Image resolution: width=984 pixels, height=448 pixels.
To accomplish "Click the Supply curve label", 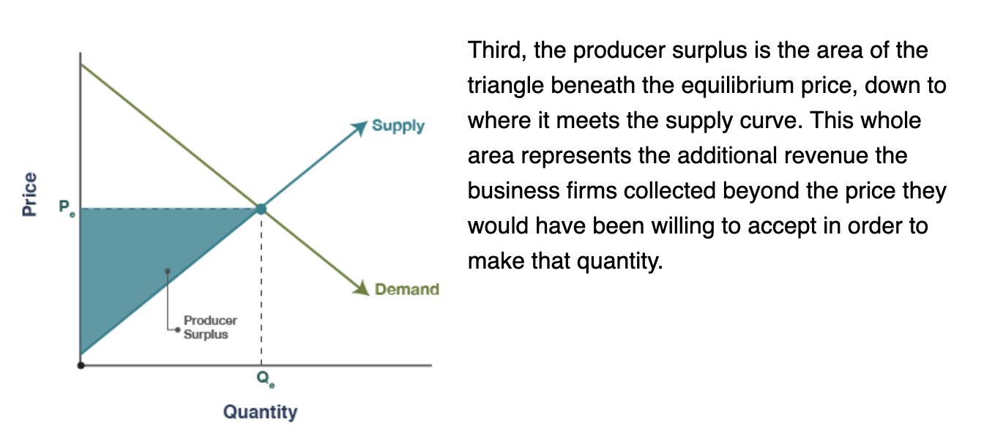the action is click(398, 126).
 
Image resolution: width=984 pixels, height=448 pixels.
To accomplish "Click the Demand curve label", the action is click(407, 289).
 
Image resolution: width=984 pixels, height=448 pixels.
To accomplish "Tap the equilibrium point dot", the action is click(261, 209).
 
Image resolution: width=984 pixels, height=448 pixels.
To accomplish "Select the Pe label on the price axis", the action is click(67, 207).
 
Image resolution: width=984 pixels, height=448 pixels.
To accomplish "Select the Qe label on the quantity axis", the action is click(266, 378).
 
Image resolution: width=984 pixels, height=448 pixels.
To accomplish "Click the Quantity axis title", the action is click(260, 412).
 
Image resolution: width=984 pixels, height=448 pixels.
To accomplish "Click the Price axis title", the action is click(29, 194).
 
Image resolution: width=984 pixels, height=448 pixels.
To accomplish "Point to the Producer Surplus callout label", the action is click(210, 327).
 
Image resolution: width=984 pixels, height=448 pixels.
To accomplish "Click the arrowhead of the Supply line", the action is click(359, 128).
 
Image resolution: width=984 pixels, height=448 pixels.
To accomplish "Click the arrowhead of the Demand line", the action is click(362, 288).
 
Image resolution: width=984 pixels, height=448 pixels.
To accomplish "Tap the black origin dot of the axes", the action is click(81, 365).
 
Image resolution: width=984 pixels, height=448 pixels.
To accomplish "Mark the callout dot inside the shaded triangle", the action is click(168, 272).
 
